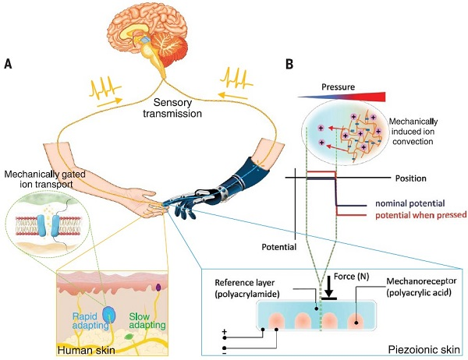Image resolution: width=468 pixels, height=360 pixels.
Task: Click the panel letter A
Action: [7, 63]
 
